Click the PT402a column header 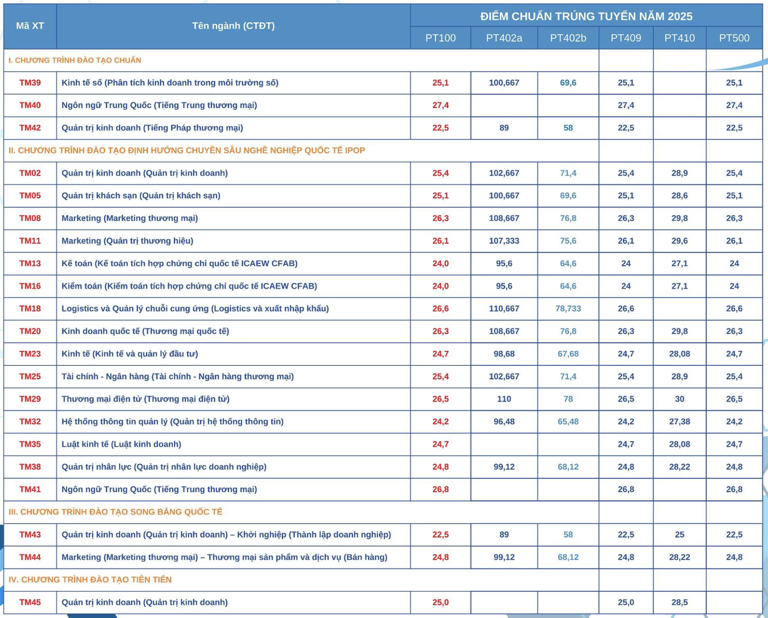point(504,38)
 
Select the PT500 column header point(734,38)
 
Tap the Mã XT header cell point(30,26)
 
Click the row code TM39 point(30,83)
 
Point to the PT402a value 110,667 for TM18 point(504,309)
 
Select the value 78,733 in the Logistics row point(568,309)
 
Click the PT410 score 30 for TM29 point(679,399)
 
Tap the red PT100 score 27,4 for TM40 point(440,105)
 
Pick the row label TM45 point(30,602)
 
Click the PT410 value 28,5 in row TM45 point(679,602)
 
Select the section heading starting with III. point(115,512)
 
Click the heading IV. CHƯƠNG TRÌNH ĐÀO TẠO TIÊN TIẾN point(90,579)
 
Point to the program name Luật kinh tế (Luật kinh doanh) point(121,444)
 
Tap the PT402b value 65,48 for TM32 point(568,422)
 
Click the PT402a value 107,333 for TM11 point(504,241)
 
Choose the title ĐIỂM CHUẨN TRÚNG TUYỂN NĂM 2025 point(586,16)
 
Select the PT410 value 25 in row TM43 point(679,534)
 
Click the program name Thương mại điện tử point(146,399)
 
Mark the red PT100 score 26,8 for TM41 point(440,489)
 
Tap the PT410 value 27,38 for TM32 point(679,422)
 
